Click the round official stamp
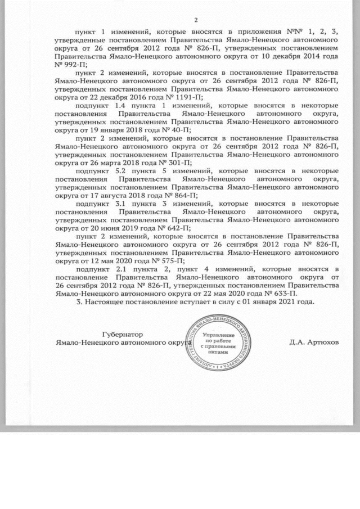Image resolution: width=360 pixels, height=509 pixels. [x=217, y=342]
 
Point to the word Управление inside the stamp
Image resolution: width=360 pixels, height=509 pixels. [x=217, y=334]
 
